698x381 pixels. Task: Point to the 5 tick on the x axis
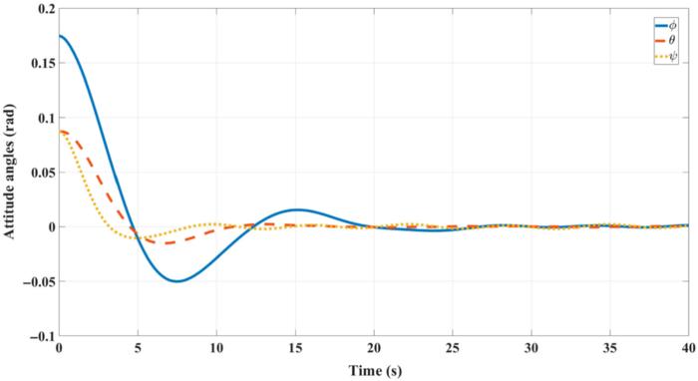click(x=138, y=349)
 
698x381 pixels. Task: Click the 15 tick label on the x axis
click(x=295, y=349)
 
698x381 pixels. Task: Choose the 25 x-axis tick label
click(x=452, y=349)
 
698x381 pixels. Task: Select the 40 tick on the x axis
click(x=686, y=349)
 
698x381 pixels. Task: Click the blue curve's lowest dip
click(x=176, y=281)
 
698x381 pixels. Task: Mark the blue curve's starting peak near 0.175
click(x=61, y=36)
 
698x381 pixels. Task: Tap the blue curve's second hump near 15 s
click(x=296, y=209)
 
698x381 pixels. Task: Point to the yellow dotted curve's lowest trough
click(x=136, y=238)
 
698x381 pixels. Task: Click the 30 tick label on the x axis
click(x=530, y=349)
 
